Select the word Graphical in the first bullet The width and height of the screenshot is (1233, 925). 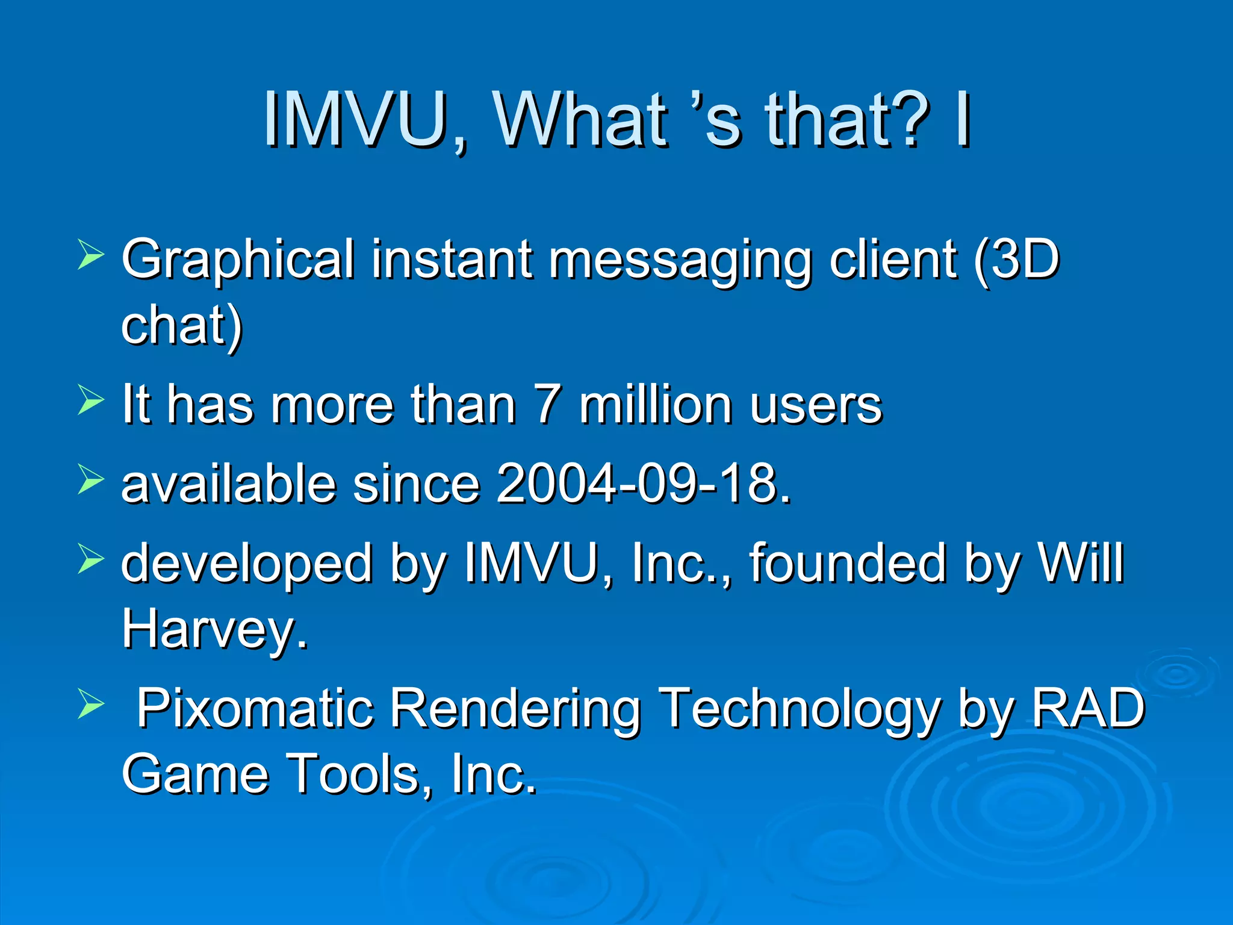click(238, 260)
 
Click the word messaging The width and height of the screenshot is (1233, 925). click(680, 260)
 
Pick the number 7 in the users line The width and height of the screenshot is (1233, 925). click(548, 404)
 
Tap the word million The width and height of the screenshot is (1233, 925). click(656, 404)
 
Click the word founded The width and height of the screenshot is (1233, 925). click(847, 564)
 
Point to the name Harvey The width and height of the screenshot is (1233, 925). click(214, 629)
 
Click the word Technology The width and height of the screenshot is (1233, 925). click(799, 709)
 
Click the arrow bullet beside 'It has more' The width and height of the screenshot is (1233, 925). click(91, 400)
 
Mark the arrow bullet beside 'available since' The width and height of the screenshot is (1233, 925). click(91, 480)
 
